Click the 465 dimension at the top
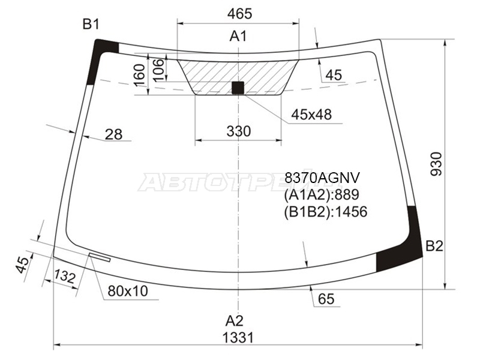click(239, 14)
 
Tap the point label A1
click(238, 37)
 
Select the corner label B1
click(91, 24)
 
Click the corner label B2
click(434, 246)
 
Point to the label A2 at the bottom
click(235, 321)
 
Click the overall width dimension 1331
click(238, 338)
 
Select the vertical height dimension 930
click(437, 164)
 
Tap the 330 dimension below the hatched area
click(239, 131)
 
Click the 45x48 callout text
click(311, 115)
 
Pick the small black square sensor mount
click(238, 88)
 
